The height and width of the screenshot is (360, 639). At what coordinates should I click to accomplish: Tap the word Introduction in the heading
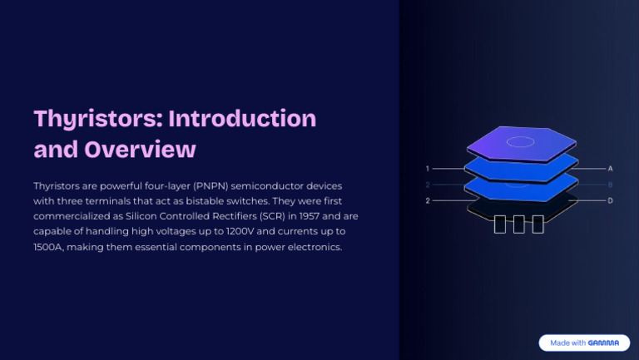click(x=242, y=118)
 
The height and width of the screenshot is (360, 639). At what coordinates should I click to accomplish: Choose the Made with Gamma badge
click(x=584, y=343)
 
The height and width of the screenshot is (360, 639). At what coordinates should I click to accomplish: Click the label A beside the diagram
click(x=611, y=168)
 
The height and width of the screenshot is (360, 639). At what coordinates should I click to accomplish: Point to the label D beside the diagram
click(x=611, y=200)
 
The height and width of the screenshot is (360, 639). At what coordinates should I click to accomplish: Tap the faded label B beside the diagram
click(x=611, y=185)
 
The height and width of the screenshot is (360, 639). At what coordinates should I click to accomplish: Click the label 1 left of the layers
click(x=428, y=168)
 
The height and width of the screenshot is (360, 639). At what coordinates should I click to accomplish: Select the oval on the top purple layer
click(x=521, y=141)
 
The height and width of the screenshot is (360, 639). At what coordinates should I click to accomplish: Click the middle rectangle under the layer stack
click(x=519, y=224)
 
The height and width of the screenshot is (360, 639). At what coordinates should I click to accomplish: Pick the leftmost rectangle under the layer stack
click(x=500, y=224)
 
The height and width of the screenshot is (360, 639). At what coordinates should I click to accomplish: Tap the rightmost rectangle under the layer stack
click(x=537, y=224)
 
